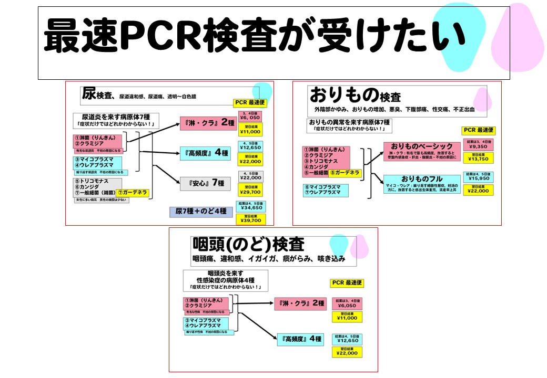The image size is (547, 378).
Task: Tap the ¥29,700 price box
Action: (252, 189)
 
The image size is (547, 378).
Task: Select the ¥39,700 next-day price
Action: (251, 219)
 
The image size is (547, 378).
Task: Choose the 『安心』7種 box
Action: (202, 183)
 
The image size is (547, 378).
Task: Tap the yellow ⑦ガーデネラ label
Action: (133, 193)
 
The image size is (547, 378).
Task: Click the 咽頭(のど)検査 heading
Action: (248, 245)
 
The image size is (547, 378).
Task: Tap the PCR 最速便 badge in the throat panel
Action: (347, 282)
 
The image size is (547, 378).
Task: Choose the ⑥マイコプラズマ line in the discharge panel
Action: (325, 186)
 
